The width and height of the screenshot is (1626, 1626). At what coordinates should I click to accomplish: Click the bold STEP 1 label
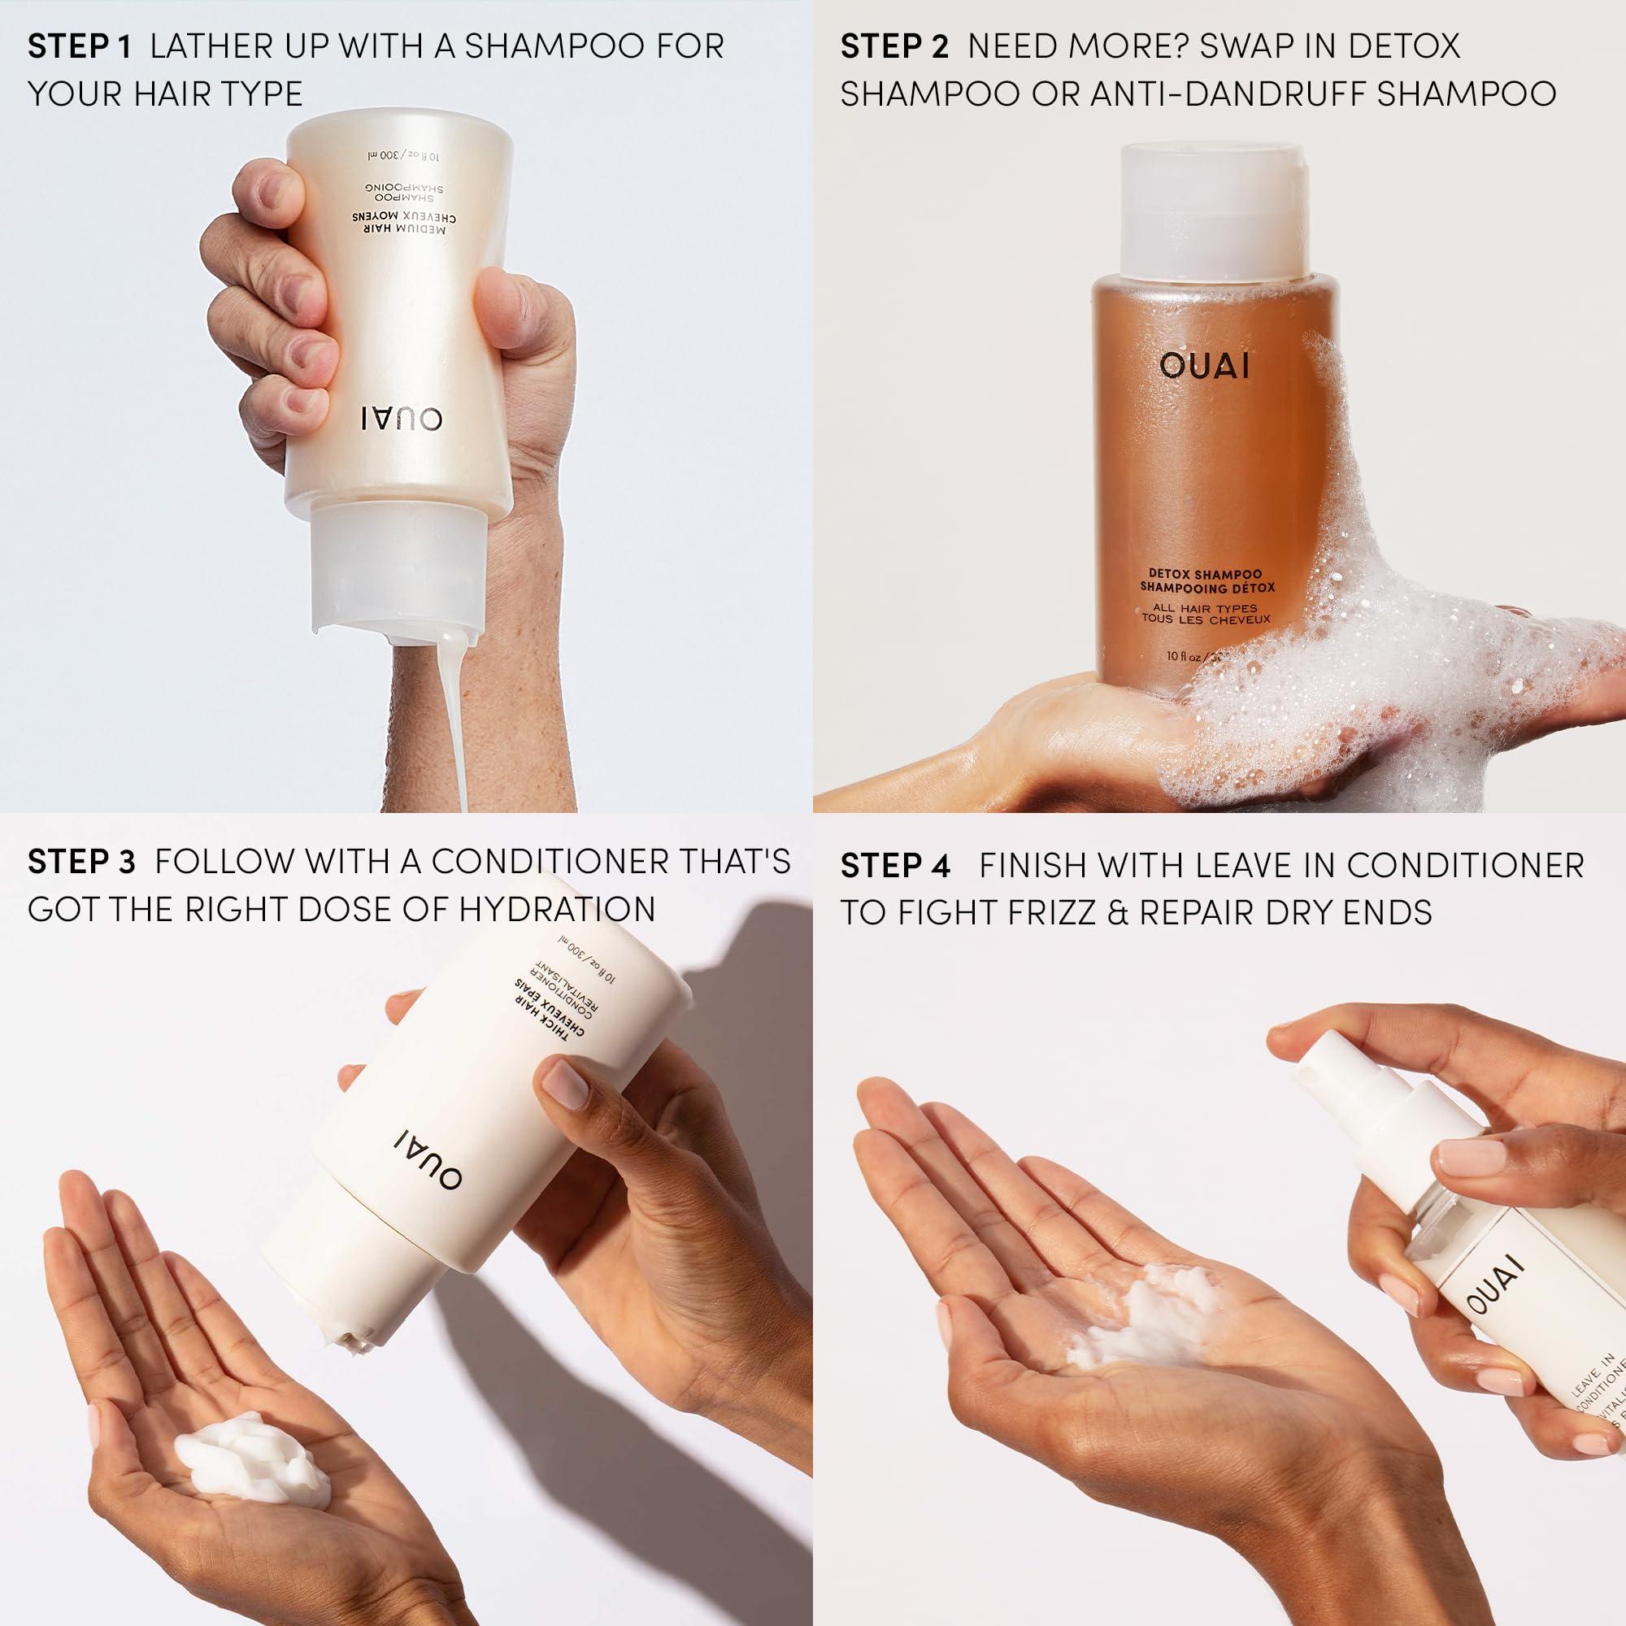[x=79, y=47]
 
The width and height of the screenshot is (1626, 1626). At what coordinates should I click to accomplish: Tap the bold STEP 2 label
[x=893, y=47]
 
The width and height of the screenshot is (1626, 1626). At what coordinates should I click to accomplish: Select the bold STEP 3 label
[x=80, y=862]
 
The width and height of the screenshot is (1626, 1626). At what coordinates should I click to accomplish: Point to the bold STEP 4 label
[x=895, y=865]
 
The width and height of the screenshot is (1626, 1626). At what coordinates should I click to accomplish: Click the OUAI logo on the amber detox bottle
[x=1204, y=367]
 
